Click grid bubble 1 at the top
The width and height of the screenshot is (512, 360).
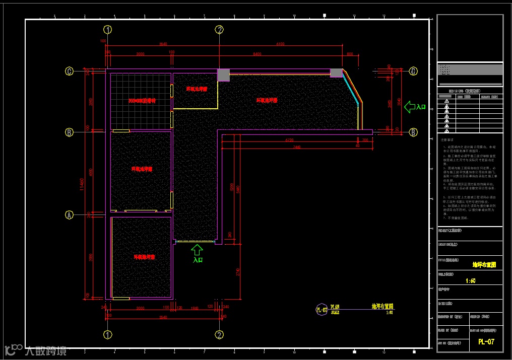pos(107,29)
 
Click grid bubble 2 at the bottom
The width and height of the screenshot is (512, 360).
pos(219,334)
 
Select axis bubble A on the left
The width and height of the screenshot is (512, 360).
pos(70,215)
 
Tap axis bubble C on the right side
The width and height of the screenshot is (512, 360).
pos(413,71)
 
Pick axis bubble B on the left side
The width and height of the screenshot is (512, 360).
pos(70,132)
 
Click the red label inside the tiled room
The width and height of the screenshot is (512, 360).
pos(142,101)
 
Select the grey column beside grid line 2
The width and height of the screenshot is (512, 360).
pos(223,75)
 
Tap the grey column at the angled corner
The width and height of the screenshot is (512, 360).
pos(336,73)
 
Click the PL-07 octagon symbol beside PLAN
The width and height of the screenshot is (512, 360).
pos(322,309)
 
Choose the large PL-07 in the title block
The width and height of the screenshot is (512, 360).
pos(486,342)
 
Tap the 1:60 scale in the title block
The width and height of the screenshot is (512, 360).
pos(470,281)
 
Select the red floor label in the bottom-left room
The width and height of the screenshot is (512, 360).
pos(144,257)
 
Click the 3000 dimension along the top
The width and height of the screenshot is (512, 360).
pos(140,53)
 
